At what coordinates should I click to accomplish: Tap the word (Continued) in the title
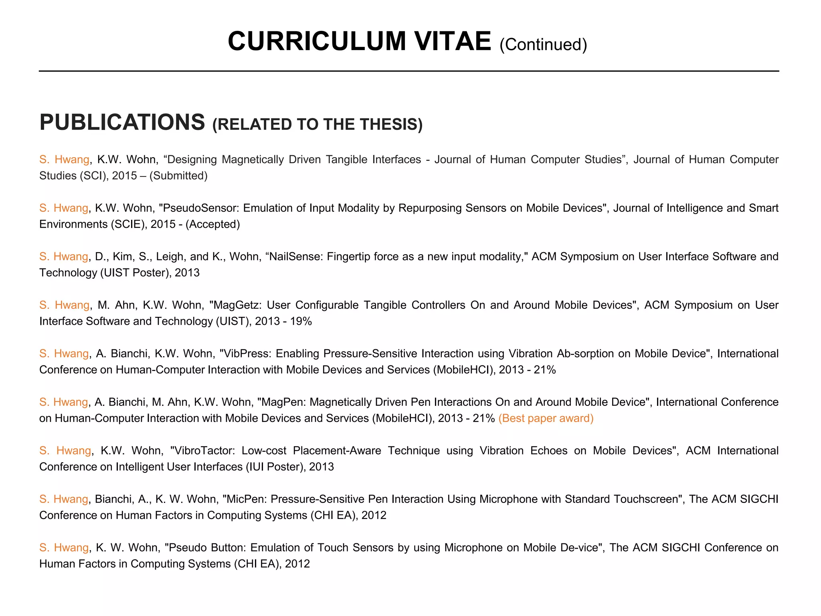[x=543, y=45]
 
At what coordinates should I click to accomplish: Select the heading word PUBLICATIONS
[x=122, y=122]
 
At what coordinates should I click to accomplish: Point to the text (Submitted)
[x=178, y=176]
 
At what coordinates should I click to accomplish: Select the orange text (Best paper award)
[x=546, y=418]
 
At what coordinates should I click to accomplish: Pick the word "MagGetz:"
[x=235, y=305]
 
